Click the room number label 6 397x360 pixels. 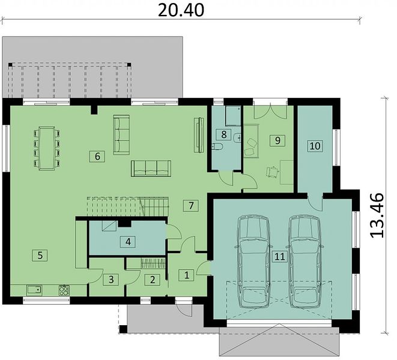97,157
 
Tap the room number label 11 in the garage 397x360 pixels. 280,257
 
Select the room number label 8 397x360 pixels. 224,134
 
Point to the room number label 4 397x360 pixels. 128,242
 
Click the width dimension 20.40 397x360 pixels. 181,10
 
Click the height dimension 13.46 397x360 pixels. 377,215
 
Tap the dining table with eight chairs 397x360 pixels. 47,148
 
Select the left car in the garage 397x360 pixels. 253,261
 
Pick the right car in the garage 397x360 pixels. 305,261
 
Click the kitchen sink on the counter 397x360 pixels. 35,290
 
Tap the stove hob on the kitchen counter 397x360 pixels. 64,290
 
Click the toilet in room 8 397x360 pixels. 217,146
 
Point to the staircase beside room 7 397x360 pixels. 128,206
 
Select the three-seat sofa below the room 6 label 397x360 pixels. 151,168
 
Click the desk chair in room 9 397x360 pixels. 272,172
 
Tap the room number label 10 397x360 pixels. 315,146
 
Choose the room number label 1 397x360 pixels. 187,275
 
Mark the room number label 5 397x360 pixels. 40,255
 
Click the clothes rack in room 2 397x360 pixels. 153,263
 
